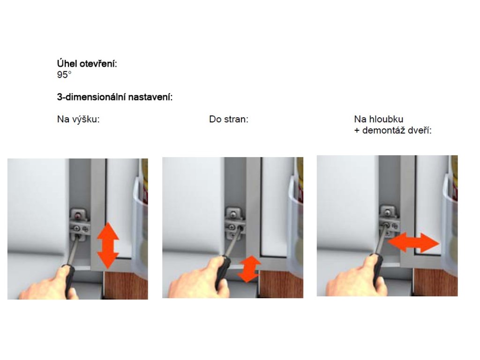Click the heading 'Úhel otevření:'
pos(87,64)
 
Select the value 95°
pos(64,75)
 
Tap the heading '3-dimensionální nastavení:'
pos(115,97)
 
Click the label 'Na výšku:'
pos(78,119)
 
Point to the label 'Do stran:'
pos(229,119)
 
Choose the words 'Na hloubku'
pos(379,119)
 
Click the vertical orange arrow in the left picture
pos(108,246)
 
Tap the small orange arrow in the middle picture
pos(249,269)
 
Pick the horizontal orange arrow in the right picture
pos(413,242)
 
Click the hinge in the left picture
pos(80,224)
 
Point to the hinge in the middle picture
pos(235,224)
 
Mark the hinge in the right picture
pos(390,221)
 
